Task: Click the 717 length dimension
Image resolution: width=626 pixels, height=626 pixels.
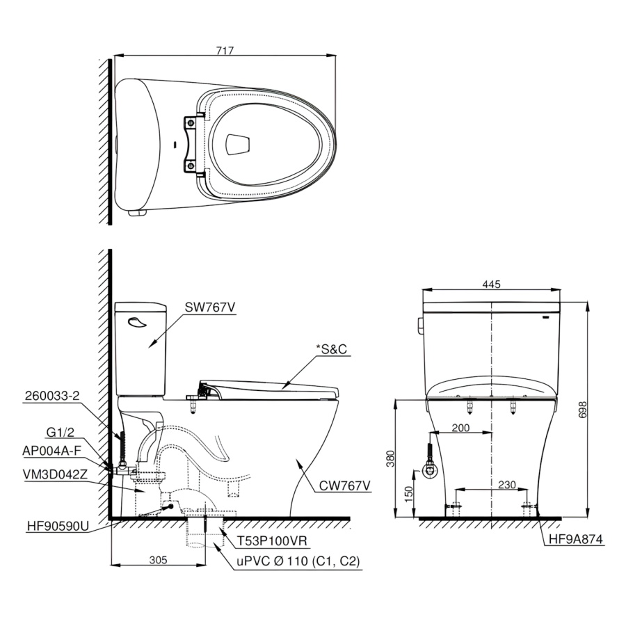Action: tap(225, 51)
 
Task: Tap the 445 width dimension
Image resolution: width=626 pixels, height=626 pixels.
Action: tap(491, 284)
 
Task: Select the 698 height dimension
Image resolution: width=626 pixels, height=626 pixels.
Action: tap(582, 409)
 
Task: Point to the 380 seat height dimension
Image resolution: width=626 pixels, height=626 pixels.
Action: tap(390, 458)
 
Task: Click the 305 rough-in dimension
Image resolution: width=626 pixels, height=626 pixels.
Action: tap(158, 560)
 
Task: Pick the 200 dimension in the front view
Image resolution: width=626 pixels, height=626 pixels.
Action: tap(460, 428)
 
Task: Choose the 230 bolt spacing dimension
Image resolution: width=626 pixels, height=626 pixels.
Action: tap(507, 484)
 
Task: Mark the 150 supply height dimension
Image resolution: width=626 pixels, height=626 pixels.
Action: tap(408, 495)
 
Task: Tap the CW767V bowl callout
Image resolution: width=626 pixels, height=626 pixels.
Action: tap(345, 485)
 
